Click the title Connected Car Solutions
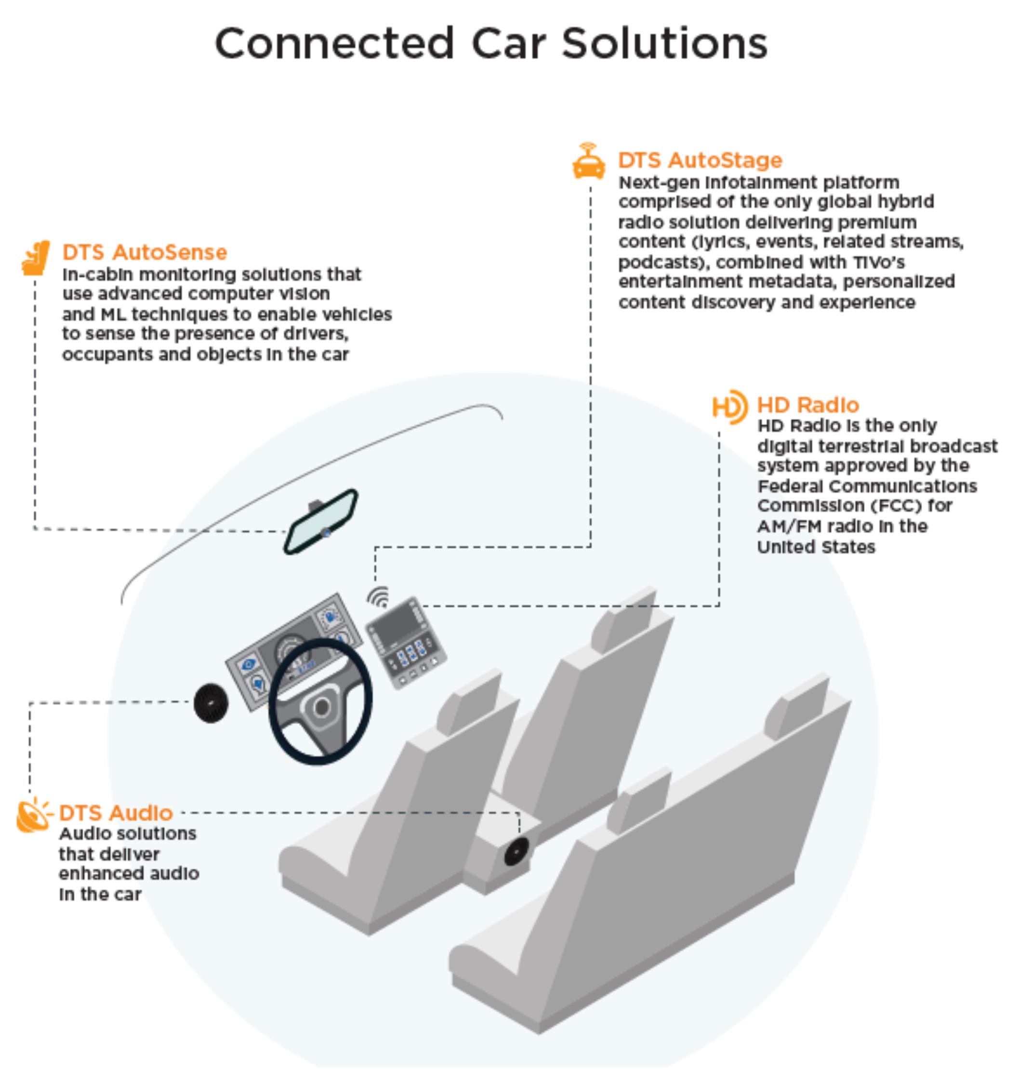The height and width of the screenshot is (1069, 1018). click(x=491, y=43)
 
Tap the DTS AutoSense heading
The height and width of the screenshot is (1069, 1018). click(x=145, y=252)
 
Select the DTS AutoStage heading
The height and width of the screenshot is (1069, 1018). click(x=700, y=160)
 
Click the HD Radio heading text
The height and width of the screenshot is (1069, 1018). click(x=808, y=405)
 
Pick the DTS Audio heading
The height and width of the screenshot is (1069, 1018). click(x=116, y=812)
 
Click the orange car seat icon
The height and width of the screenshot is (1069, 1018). click(x=36, y=258)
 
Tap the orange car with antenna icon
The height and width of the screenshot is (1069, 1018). click(x=589, y=161)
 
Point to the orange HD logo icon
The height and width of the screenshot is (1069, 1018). click(x=730, y=407)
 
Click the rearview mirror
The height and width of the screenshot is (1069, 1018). click(x=321, y=521)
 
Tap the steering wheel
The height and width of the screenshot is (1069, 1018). click(x=320, y=701)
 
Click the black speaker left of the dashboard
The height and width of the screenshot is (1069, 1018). click(x=211, y=703)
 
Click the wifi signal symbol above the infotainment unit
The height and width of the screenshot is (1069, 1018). click(x=379, y=597)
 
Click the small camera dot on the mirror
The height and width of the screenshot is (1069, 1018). click(x=326, y=532)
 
